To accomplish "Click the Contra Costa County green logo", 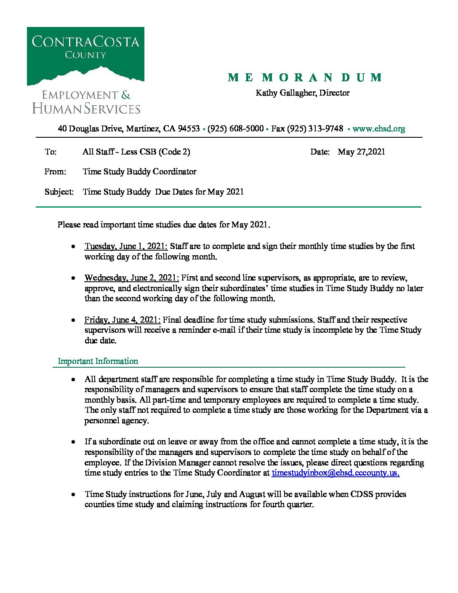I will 85,56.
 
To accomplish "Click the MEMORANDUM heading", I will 305,77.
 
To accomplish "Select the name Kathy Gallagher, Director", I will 302,93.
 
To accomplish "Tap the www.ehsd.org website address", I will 378,129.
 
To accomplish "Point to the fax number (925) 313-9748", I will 315,129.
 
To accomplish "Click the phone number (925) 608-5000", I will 235,129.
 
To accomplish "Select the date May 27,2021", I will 361,152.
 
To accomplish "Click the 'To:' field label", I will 51,152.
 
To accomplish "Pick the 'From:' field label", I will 55,172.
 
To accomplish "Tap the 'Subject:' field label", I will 59,192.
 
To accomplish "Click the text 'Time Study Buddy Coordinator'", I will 139,172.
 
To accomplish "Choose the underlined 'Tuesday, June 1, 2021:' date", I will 126,246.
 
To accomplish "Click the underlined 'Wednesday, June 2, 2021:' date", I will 132,278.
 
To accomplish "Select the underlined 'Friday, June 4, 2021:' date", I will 122,320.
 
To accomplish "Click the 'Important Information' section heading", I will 98,361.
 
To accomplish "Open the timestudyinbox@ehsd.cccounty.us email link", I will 336,473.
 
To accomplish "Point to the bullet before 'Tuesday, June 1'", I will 74,246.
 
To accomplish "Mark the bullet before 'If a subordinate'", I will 74,442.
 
